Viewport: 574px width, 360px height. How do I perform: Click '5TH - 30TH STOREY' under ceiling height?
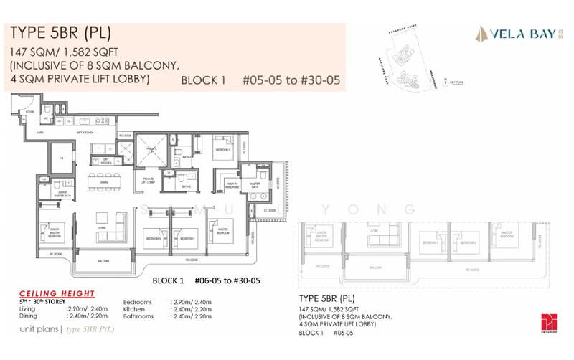click(34, 302)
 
